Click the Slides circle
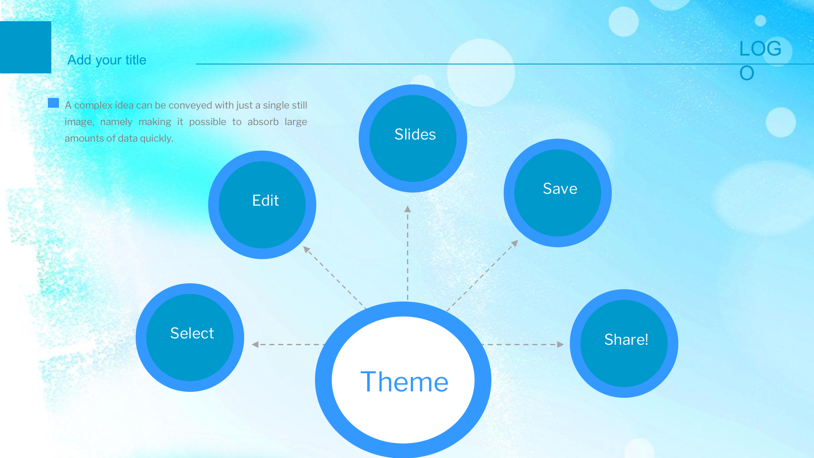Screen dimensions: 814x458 (x=413, y=138)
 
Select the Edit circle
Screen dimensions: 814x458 (x=262, y=205)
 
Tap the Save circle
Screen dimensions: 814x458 (x=558, y=193)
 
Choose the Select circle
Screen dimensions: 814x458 (x=190, y=338)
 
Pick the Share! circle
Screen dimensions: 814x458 (x=624, y=343)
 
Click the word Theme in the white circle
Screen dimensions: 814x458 (x=404, y=382)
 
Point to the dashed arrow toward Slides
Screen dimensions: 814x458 (x=408, y=253)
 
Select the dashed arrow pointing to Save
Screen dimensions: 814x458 (x=482, y=276)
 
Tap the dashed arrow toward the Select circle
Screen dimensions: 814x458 (x=288, y=344)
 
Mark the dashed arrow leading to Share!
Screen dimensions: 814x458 (x=524, y=344)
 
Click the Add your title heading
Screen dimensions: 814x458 (x=107, y=60)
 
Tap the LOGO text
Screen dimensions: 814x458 (x=760, y=60)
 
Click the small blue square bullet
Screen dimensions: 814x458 (x=53, y=103)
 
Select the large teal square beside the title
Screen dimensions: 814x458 (x=25, y=47)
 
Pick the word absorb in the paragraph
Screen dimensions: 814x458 (x=263, y=122)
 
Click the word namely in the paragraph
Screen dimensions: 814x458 (x=116, y=122)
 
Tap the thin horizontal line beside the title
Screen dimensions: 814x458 (x=505, y=64)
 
